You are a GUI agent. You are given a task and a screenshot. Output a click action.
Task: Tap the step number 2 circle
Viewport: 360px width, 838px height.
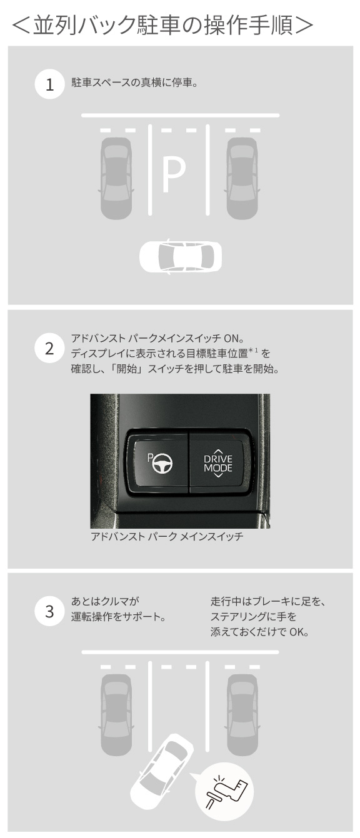[49, 349]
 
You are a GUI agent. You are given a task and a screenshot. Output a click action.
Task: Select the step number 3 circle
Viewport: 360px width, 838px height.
[49, 612]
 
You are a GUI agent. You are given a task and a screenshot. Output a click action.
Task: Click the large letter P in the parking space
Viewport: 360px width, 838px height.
[173, 176]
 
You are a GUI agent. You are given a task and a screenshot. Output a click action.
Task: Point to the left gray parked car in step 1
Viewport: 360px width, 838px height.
[116, 178]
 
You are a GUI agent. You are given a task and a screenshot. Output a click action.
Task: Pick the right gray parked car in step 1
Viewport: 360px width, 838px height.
[242, 178]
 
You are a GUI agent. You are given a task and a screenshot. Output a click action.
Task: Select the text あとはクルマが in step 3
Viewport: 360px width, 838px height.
[104, 602]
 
